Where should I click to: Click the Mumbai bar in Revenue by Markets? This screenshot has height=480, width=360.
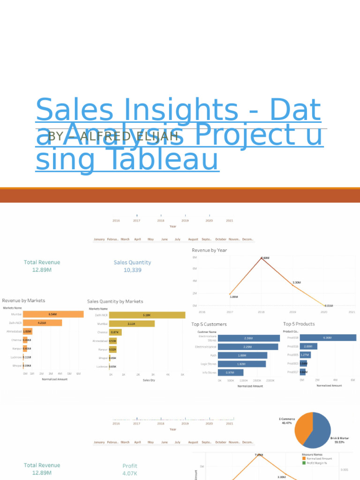[x=53, y=314]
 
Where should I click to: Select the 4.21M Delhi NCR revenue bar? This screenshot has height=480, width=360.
[x=42, y=322]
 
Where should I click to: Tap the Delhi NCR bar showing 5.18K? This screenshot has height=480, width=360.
[x=141, y=315]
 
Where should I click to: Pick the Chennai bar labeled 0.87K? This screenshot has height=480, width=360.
[x=115, y=332]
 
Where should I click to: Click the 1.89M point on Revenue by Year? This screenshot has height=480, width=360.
[x=230, y=294]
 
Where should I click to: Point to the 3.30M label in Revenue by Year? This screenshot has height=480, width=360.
[x=296, y=283]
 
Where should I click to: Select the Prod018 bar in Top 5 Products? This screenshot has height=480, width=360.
[x=328, y=337]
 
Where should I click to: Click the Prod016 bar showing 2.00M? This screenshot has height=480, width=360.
[x=308, y=346]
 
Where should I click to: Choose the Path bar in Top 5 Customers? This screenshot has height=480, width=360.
[x=242, y=355]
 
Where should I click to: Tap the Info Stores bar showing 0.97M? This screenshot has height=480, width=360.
[x=230, y=372]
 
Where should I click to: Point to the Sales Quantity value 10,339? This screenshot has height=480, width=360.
[x=133, y=270]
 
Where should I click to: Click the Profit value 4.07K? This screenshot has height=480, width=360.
[x=130, y=473]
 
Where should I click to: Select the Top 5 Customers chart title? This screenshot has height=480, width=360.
[x=209, y=324]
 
